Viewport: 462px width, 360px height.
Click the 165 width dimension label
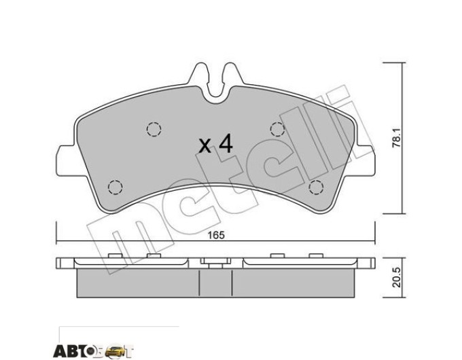click(216, 235)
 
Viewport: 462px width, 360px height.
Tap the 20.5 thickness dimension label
click(397, 278)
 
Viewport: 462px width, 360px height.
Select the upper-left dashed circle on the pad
click(154, 129)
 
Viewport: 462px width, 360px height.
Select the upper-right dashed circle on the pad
click(278, 129)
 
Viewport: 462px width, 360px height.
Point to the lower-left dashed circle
click(115, 187)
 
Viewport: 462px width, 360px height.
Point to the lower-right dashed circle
click(316, 187)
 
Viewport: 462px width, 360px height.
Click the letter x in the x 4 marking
click(205, 146)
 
